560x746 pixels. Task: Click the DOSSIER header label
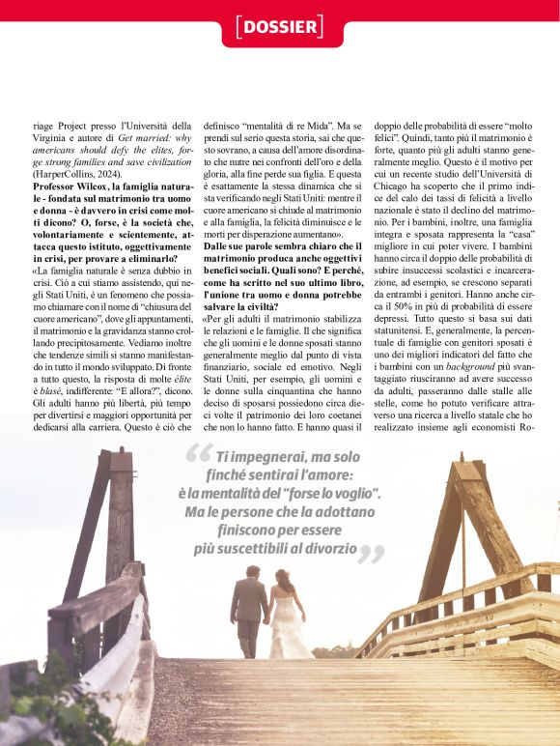click(x=280, y=26)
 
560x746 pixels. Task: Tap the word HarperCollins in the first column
click(x=69, y=173)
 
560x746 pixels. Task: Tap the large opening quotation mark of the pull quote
click(x=198, y=454)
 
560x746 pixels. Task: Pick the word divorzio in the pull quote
click(x=322, y=549)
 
